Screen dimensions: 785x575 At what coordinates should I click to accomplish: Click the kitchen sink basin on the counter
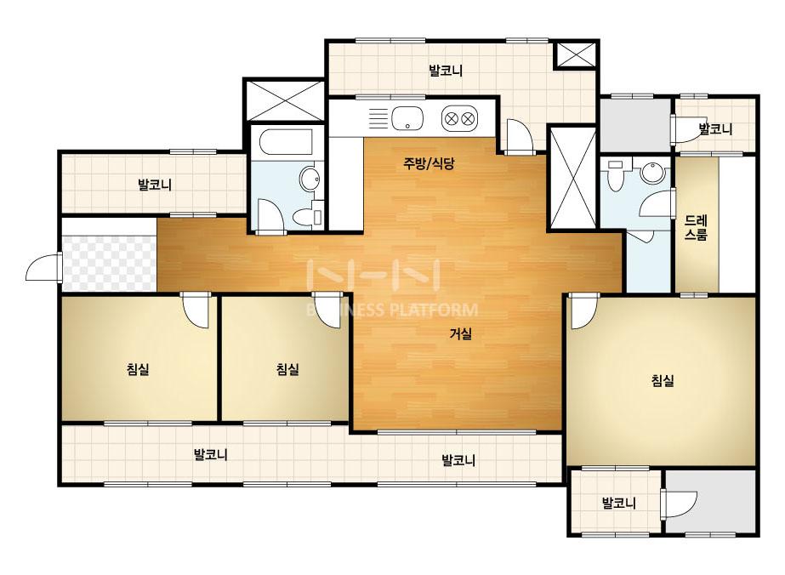click(407, 119)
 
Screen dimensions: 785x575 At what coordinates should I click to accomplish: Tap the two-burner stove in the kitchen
click(459, 119)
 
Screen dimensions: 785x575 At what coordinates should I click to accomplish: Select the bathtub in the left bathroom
click(286, 143)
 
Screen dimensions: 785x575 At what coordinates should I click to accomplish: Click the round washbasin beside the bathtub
click(310, 179)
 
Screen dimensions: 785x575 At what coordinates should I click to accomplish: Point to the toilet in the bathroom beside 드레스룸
click(615, 174)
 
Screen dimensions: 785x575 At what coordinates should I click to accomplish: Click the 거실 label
click(461, 333)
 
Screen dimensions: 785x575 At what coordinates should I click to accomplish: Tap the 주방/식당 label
click(429, 162)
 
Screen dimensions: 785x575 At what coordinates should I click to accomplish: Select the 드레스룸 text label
click(696, 228)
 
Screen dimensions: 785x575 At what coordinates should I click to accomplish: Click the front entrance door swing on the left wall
click(44, 265)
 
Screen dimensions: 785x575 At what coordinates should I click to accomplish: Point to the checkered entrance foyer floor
click(110, 263)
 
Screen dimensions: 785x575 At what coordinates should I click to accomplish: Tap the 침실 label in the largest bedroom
click(663, 381)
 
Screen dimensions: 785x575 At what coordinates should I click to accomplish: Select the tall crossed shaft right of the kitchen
click(573, 178)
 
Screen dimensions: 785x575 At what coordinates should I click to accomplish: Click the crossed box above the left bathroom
click(284, 100)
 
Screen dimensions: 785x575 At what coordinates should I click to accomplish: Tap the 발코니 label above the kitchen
click(446, 71)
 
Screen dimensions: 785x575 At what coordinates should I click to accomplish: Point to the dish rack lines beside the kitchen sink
click(379, 119)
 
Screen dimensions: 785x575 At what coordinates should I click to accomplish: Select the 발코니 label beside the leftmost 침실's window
click(211, 455)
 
